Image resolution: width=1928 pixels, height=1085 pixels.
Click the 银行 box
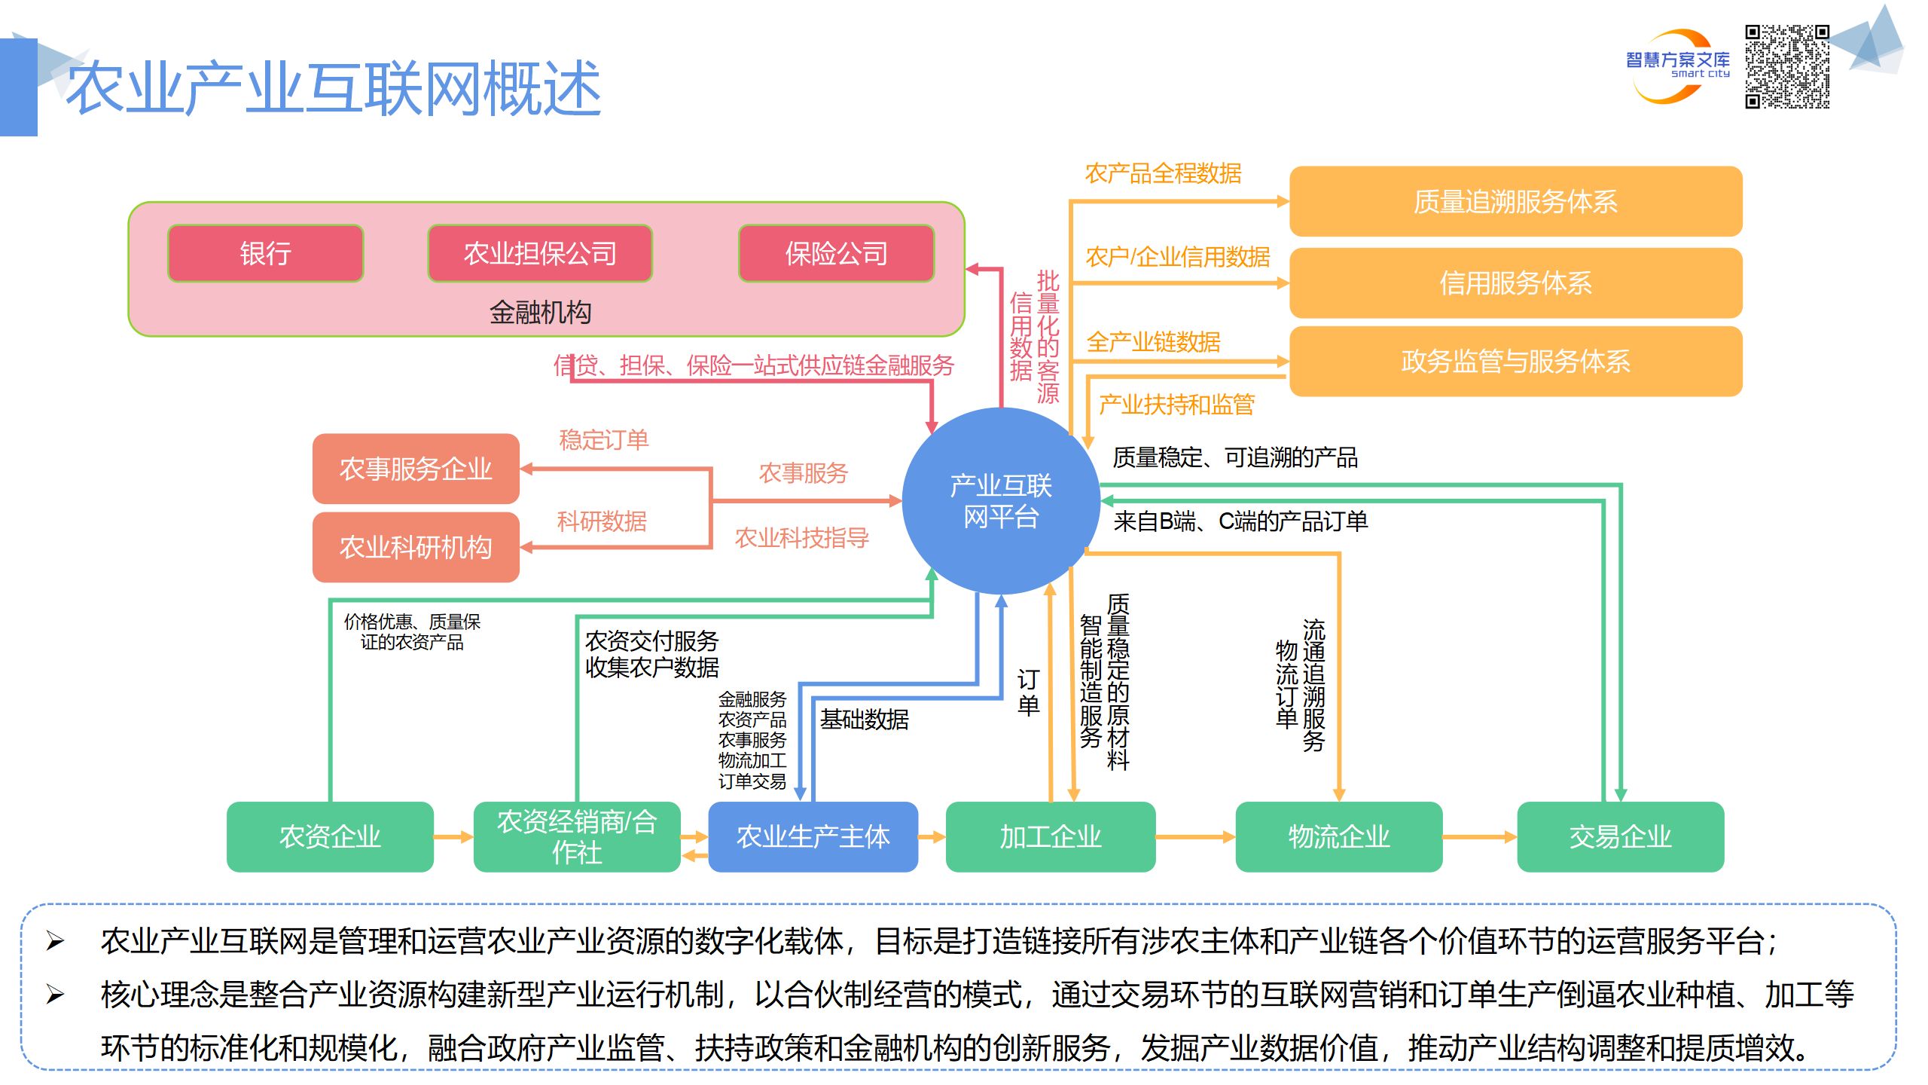tap(265, 253)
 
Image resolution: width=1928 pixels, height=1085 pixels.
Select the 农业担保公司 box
tap(539, 253)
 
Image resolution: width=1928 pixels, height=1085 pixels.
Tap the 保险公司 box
tap(836, 253)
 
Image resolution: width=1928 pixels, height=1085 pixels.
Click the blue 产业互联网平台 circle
tap(1000, 501)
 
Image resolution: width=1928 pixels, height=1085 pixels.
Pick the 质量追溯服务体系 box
tap(1515, 202)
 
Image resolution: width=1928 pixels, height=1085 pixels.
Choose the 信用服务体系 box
tap(1515, 283)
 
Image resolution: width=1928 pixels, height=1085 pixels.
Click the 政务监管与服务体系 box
tap(1515, 362)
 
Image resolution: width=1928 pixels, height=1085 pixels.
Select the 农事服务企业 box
tap(416, 469)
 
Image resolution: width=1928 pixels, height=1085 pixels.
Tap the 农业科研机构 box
tap(416, 547)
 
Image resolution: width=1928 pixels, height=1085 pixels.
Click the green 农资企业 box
tap(330, 836)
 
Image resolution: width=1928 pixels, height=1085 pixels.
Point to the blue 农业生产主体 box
tap(813, 836)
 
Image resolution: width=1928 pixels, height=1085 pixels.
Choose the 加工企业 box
tap(1050, 836)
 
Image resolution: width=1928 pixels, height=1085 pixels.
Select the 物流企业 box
tap(1338, 836)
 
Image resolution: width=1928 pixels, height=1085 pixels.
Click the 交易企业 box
tap(1620, 836)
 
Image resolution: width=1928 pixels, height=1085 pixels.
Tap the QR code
tap(1787, 66)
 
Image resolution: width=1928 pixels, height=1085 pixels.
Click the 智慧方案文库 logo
tap(1677, 65)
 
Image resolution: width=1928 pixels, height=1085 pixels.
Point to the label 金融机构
tap(540, 312)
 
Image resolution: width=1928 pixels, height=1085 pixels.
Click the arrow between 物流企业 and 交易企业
tap(1479, 836)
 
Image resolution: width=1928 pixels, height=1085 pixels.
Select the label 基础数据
tap(864, 720)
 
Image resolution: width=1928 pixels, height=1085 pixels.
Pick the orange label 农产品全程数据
tap(1163, 173)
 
